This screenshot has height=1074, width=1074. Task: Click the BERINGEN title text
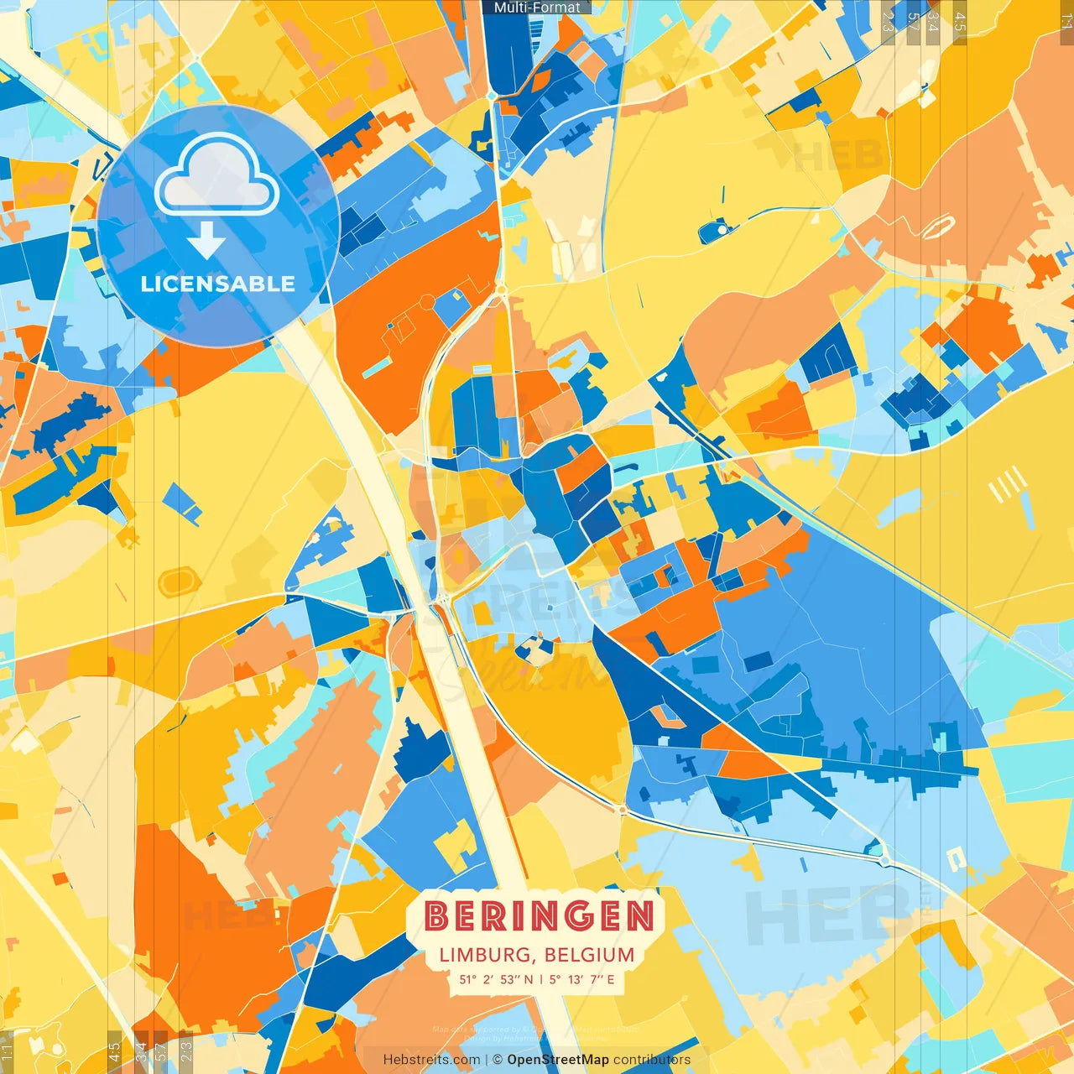(538, 916)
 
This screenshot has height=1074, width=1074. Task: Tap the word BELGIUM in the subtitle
(589, 955)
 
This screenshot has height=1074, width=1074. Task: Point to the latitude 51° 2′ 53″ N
(496, 979)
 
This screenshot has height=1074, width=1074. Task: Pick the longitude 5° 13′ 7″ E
(582, 979)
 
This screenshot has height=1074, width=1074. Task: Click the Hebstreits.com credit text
(431, 1060)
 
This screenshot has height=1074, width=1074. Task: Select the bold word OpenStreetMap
(558, 1060)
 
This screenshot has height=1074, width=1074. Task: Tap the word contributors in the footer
(652, 1060)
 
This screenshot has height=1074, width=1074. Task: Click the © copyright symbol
(498, 1060)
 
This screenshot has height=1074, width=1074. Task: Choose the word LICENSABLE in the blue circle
(218, 284)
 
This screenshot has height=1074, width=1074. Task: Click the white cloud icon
(217, 174)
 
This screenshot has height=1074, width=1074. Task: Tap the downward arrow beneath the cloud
(206, 241)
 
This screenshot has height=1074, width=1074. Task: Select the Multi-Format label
(537, 8)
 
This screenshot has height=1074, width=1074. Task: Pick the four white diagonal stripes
(1007, 484)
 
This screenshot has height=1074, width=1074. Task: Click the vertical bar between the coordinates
(541, 979)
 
